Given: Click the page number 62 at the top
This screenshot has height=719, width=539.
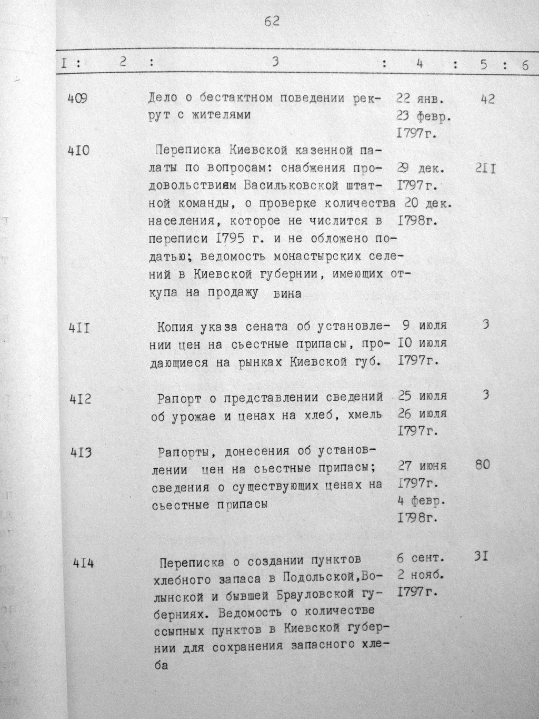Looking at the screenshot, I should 272,22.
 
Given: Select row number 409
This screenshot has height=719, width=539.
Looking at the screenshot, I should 79,98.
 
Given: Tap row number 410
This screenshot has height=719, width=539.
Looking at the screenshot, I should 79,151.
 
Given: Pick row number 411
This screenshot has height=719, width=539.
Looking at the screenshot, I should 79,328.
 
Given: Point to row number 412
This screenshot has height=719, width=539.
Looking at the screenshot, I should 79,399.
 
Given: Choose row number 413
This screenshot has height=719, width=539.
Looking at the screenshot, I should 79,452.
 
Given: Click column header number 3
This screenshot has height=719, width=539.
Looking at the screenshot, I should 275,63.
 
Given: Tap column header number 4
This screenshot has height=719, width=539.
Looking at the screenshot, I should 420,64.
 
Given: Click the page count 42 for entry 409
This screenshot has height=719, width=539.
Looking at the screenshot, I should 487,99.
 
